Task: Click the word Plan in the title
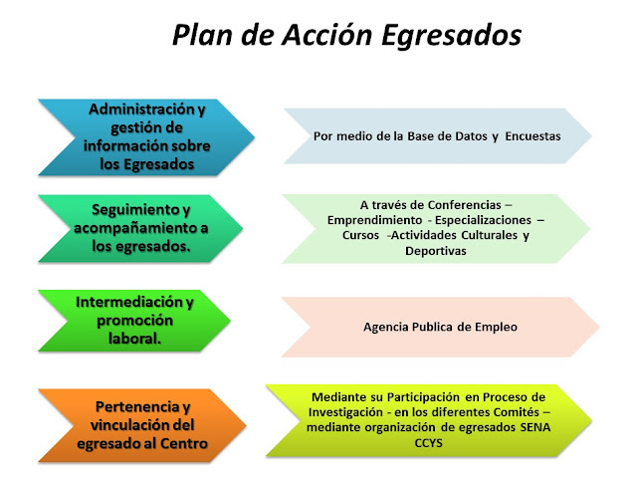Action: tap(203, 35)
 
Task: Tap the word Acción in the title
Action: tap(326, 34)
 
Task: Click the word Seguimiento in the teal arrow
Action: tap(135, 210)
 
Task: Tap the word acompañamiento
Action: tap(135, 228)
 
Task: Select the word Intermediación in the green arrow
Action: tap(129, 302)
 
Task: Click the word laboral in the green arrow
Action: tap(134, 339)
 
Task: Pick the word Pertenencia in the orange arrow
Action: tap(137, 406)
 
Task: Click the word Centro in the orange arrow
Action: tap(183, 443)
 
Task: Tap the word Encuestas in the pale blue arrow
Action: tap(532, 136)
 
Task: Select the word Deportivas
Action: tap(436, 251)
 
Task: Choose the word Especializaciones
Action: tap(483, 220)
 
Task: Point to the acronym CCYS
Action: tap(428, 442)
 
